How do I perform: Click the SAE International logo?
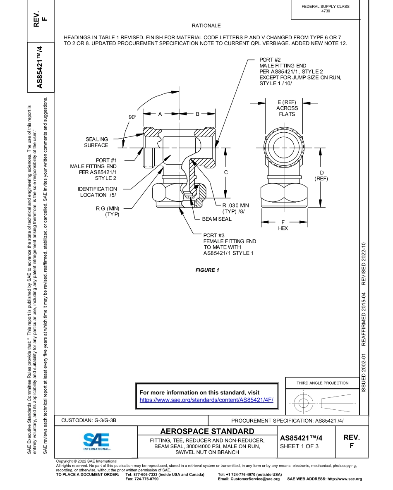coord(96,442)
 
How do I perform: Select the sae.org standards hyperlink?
coord(206,400)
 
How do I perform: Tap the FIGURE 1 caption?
coord(207,270)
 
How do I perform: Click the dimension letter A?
coord(160,114)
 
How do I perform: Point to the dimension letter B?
coord(197,114)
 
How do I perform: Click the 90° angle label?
coord(132,117)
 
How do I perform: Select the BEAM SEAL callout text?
coord(216,219)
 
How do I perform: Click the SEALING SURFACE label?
coord(96,142)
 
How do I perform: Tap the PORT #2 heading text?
coord(271,60)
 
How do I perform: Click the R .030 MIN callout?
coord(236,205)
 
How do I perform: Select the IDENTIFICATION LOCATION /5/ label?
coord(98,192)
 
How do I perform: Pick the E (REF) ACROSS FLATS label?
coord(287,108)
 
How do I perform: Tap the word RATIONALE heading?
coord(206,26)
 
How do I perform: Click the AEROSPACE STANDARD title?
coord(207,431)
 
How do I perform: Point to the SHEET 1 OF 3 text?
coord(299,446)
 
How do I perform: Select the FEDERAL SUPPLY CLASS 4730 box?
coord(325,9)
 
